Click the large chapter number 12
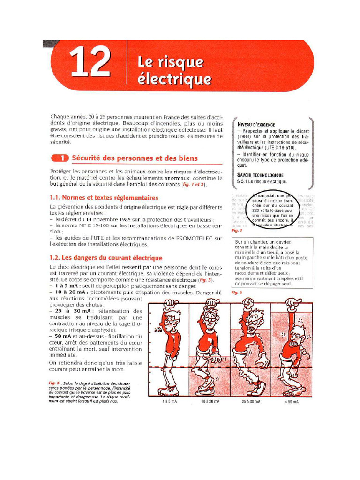(90, 63)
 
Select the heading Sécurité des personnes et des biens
(135, 158)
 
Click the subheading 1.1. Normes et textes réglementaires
(104, 198)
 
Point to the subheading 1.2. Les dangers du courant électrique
(106, 258)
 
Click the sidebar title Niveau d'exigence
(256, 125)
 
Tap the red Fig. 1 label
(237, 231)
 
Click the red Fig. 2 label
(237, 292)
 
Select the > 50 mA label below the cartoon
(291, 402)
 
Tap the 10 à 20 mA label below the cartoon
(210, 402)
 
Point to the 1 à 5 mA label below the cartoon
(169, 402)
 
